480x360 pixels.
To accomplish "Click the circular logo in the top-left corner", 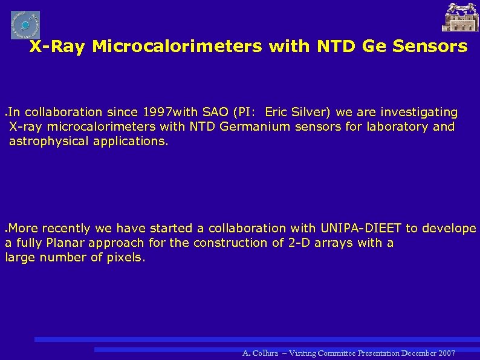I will (25, 25).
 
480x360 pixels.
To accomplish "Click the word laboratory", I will (401, 126).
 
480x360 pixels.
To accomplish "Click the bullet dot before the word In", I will (6, 114).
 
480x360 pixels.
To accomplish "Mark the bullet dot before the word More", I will (6, 230).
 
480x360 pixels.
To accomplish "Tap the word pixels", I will (128, 257).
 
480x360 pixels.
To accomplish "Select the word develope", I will (449, 228).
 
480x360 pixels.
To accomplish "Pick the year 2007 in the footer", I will (446, 353).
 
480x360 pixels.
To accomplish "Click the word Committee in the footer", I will (333, 353).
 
